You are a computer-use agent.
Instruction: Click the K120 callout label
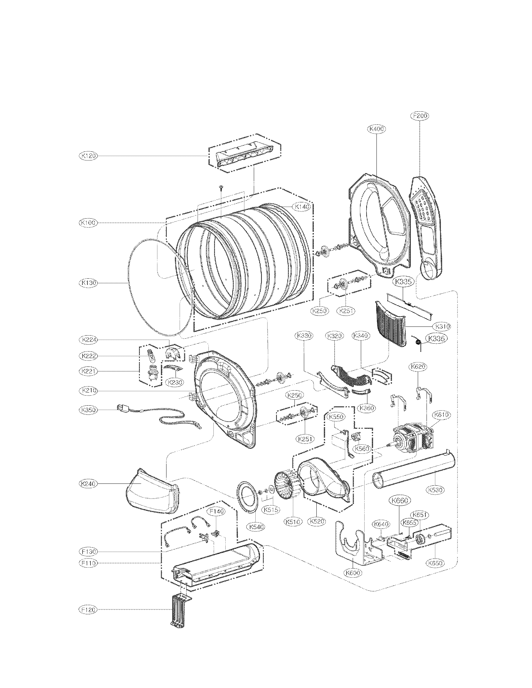click(x=88, y=156)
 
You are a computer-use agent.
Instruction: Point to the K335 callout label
click(x=403, y=282)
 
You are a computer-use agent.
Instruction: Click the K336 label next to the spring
click(x=436, y=339)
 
